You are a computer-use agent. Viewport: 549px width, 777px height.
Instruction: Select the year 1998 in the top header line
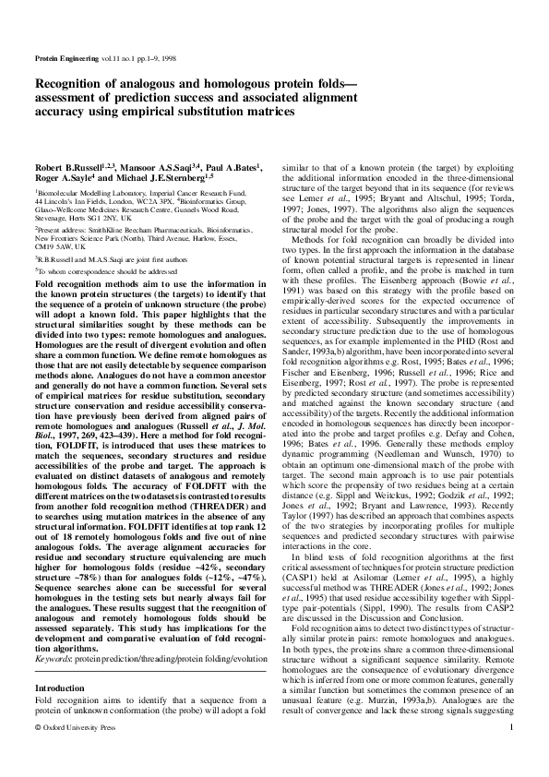(164, 57)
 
